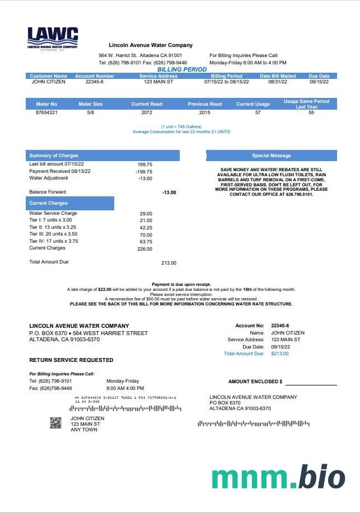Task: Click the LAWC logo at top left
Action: point(53,39)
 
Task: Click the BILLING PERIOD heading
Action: point(181,70)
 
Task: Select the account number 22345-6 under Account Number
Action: point(95,82)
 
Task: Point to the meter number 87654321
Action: point(46,112)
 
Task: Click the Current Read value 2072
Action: point(147,112)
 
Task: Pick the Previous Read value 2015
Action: point(204,112)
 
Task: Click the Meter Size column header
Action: point(90,104)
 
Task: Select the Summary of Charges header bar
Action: point(102,156)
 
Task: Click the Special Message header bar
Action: point(272,156)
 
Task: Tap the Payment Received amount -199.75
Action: point(144,172)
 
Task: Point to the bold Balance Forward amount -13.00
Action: point(169,192)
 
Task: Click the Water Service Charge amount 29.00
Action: point(146,214)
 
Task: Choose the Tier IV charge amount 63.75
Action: point(146,242)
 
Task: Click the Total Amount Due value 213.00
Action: point(169,263)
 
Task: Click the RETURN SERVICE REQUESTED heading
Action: point(71,360)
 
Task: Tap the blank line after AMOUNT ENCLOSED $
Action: point(311,382)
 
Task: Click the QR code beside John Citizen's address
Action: point(55,423)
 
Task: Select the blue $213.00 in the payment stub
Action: point(279,354)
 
